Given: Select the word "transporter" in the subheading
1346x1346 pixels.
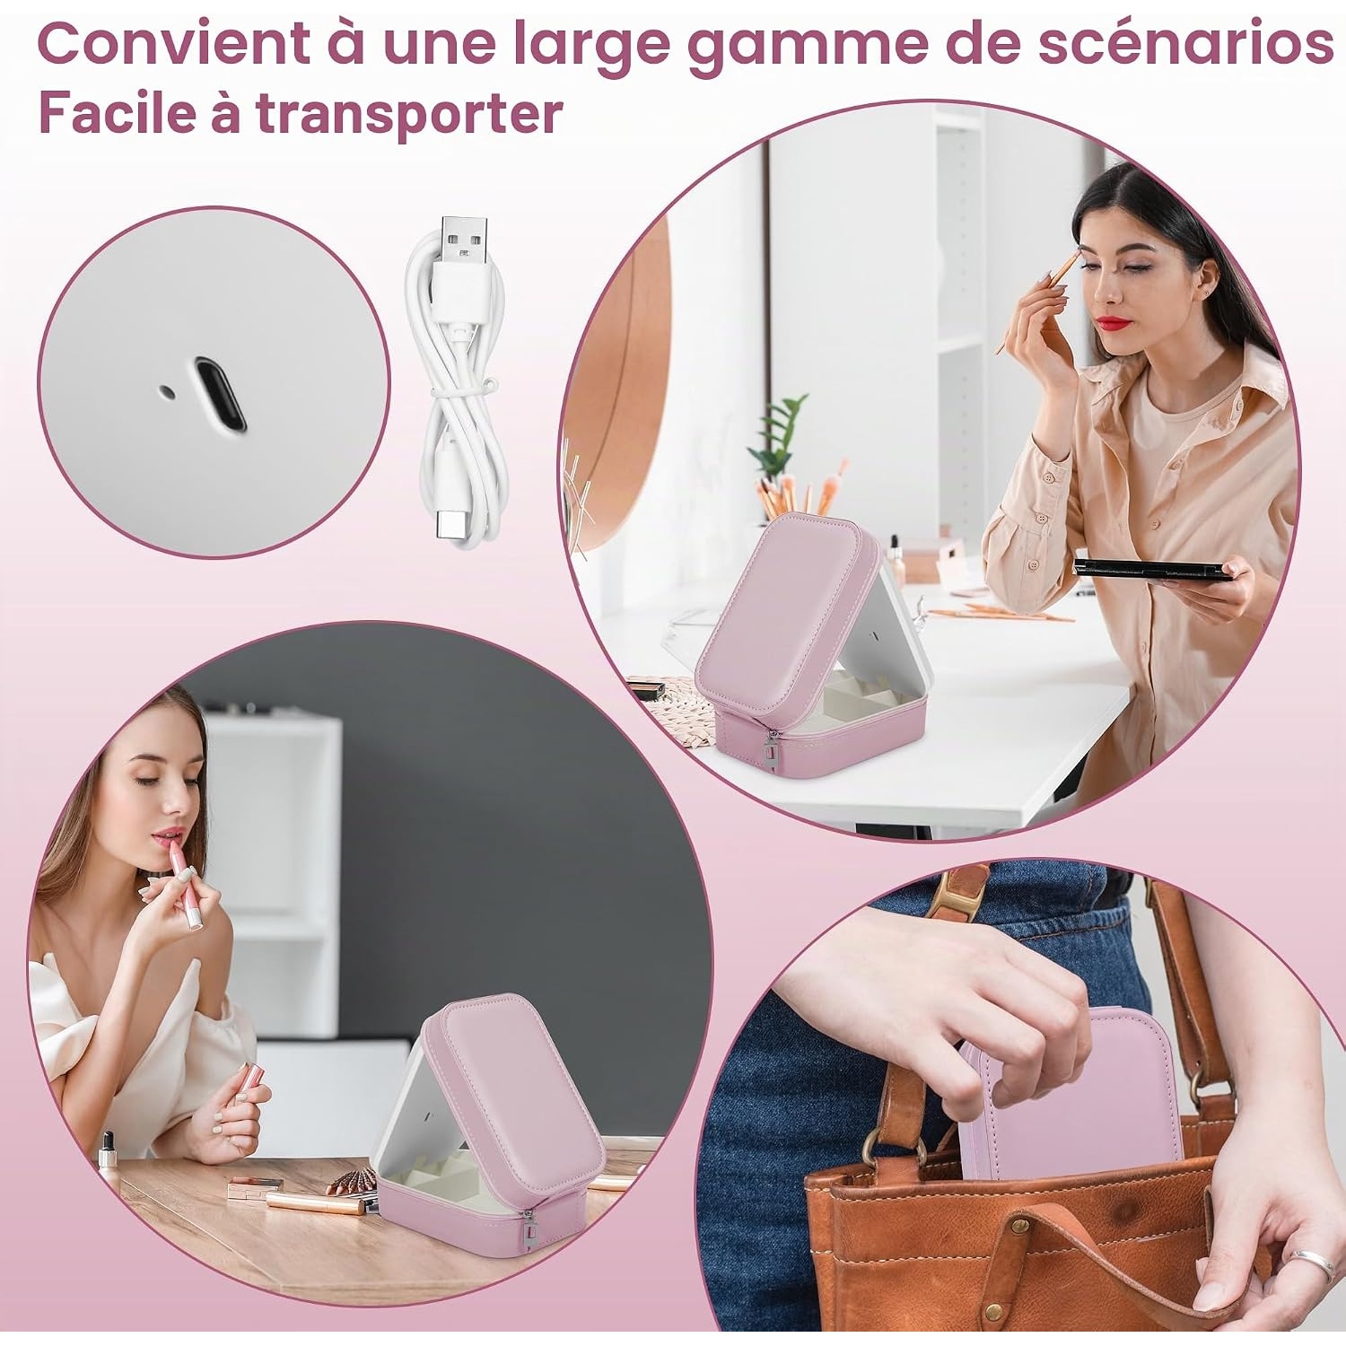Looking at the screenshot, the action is coord(409,115).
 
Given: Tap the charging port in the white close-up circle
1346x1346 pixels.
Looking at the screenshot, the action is coord(220,395).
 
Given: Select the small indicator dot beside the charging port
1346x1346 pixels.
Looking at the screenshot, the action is coord(167,391).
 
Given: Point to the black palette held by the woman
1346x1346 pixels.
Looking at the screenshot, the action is coord(1153,570).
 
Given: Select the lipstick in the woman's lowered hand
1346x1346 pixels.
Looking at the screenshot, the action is coord(246,1091).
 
